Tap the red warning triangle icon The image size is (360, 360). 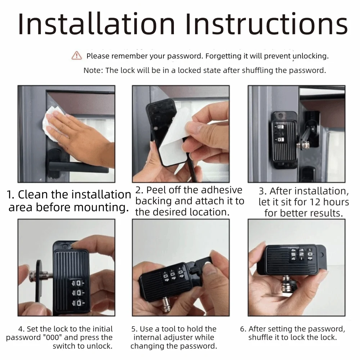77,55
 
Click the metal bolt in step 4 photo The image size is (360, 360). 41,277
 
